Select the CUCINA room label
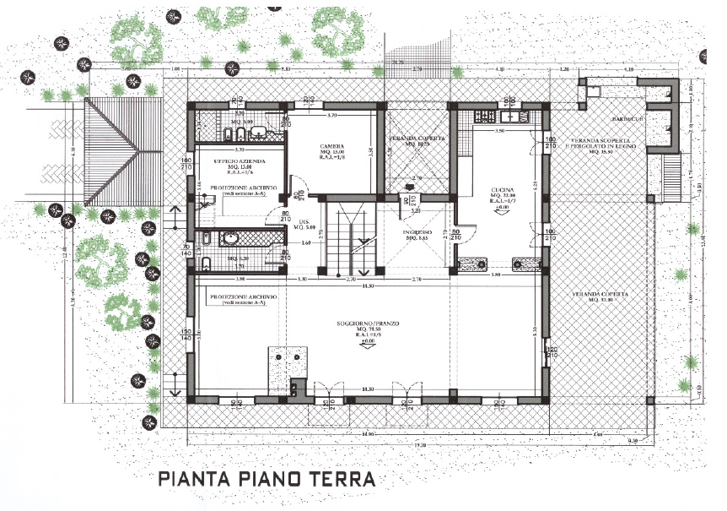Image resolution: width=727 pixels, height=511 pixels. (503, 193)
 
